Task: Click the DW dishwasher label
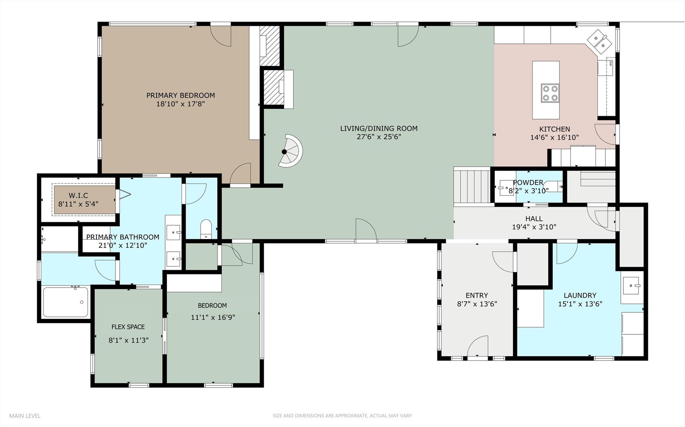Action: (611, 63)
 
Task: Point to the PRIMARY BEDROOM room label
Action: (180, 95)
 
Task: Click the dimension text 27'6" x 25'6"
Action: (379, 137)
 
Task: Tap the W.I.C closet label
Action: (78, 195)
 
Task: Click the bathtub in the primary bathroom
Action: (66, 302)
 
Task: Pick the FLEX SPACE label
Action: (128, 327)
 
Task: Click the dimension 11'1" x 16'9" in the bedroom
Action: (213, 317)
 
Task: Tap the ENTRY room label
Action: (477, 295)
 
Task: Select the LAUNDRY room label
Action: (580, 295)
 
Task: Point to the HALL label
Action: (534, 219)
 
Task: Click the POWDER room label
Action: (528, 182)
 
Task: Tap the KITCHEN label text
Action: (554, 129)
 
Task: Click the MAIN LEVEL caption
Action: (25, 416)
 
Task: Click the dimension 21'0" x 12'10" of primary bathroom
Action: (123, 246)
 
